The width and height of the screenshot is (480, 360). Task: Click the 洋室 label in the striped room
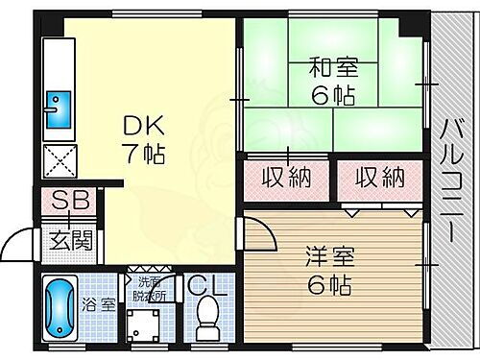click(x=330, y=260)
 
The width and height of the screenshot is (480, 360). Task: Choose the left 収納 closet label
click(x=285, y=178)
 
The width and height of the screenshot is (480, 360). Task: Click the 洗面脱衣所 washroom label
click(x=151, y=289)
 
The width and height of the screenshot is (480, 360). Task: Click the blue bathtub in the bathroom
click(x=60, y=308)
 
